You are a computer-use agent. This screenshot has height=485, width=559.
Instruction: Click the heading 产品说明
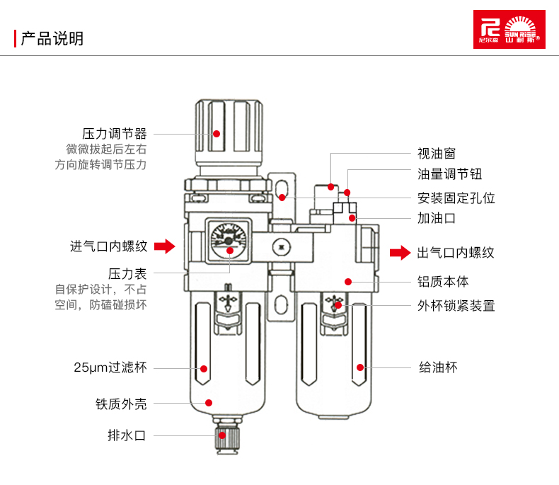(52, 38)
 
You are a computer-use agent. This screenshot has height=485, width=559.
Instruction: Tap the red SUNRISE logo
(509, 29)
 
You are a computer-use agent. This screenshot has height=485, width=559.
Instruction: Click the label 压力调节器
(114, 133)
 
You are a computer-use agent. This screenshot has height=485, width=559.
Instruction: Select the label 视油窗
(436, 153)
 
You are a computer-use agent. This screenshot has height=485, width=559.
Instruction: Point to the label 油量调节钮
(449, 175)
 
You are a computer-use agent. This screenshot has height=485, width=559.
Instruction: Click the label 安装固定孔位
(456, 198)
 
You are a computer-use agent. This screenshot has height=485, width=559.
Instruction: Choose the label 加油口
(436, 218)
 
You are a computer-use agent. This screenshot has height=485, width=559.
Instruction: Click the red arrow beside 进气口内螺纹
(164, 246)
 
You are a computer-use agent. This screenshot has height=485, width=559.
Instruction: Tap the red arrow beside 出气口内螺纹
(400, 253)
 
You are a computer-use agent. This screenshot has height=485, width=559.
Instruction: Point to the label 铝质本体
(443, 281)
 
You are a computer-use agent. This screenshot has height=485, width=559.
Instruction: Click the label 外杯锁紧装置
(456, 306)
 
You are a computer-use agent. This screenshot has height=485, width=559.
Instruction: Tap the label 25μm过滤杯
(110, 367)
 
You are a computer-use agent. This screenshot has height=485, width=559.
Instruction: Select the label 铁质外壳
(121, 404)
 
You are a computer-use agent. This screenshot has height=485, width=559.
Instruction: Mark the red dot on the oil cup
(360, 367)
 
